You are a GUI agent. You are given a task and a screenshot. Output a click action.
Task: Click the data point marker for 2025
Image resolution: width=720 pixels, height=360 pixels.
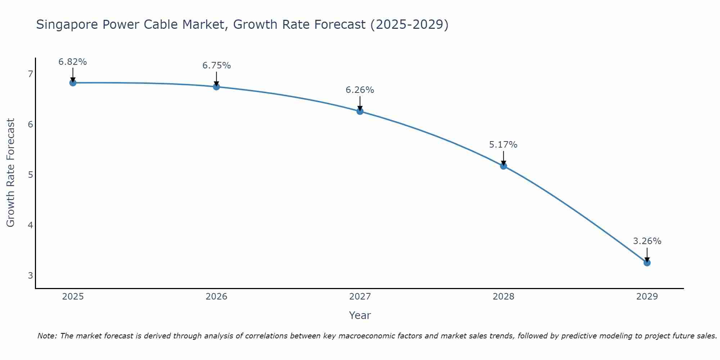point(73,83)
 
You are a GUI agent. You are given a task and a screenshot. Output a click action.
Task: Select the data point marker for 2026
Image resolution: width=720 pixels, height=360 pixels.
point(216,87)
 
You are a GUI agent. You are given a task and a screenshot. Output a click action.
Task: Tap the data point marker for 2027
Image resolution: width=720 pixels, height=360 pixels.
point(360,111)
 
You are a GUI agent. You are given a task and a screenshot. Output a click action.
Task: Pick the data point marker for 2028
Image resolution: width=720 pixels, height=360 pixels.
point(504,166)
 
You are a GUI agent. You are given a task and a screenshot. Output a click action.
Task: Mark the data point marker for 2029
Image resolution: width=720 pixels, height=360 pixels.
point(647,263)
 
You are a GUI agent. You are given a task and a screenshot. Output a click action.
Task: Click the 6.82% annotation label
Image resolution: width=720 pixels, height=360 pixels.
point(73,62)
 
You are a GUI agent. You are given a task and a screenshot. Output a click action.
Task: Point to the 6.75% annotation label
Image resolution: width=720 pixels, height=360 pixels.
point(216,66)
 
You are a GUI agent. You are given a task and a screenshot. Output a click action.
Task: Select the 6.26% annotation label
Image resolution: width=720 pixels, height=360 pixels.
point(360,90)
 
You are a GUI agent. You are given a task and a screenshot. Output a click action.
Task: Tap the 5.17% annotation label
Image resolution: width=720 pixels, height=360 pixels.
point(503,145)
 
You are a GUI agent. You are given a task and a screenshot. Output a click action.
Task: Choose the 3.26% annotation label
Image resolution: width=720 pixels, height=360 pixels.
point(647,241)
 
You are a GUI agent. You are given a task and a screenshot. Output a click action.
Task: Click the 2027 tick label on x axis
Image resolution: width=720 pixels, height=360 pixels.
point(360,297)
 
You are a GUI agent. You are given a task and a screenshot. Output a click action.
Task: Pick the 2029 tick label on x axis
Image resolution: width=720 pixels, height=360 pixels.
point(647,297)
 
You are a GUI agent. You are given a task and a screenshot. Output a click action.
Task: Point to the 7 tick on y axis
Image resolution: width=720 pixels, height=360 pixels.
point(30,74)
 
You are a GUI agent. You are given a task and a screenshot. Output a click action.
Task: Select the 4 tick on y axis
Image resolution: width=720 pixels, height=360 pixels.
point(30,225)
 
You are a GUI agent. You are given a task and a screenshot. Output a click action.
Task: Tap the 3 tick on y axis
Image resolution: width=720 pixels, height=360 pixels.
point(30,276)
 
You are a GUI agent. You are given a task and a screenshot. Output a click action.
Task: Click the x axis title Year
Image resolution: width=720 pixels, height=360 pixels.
point(360,315)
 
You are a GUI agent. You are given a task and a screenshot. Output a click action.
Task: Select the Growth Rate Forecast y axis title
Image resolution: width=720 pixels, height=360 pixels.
point(11,173)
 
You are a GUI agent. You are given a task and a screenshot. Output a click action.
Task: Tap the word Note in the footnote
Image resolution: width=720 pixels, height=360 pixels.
point(47,336)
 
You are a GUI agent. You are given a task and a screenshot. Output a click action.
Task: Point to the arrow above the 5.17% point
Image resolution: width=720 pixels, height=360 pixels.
point(504,158)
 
